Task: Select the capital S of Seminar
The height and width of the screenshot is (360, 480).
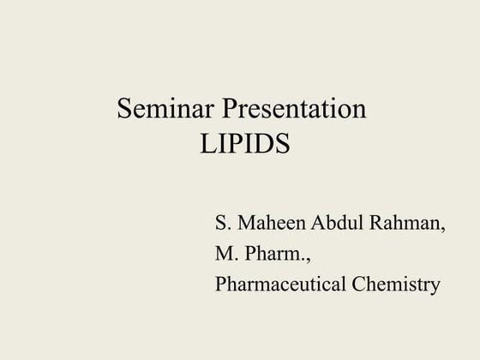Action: pyautogui.click(x=124, y=111)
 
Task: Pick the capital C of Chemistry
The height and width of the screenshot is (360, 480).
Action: pyautogui.click(x=358, y=284)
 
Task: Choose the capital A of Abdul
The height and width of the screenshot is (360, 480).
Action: pyautogui.click(x=322, y=226)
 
